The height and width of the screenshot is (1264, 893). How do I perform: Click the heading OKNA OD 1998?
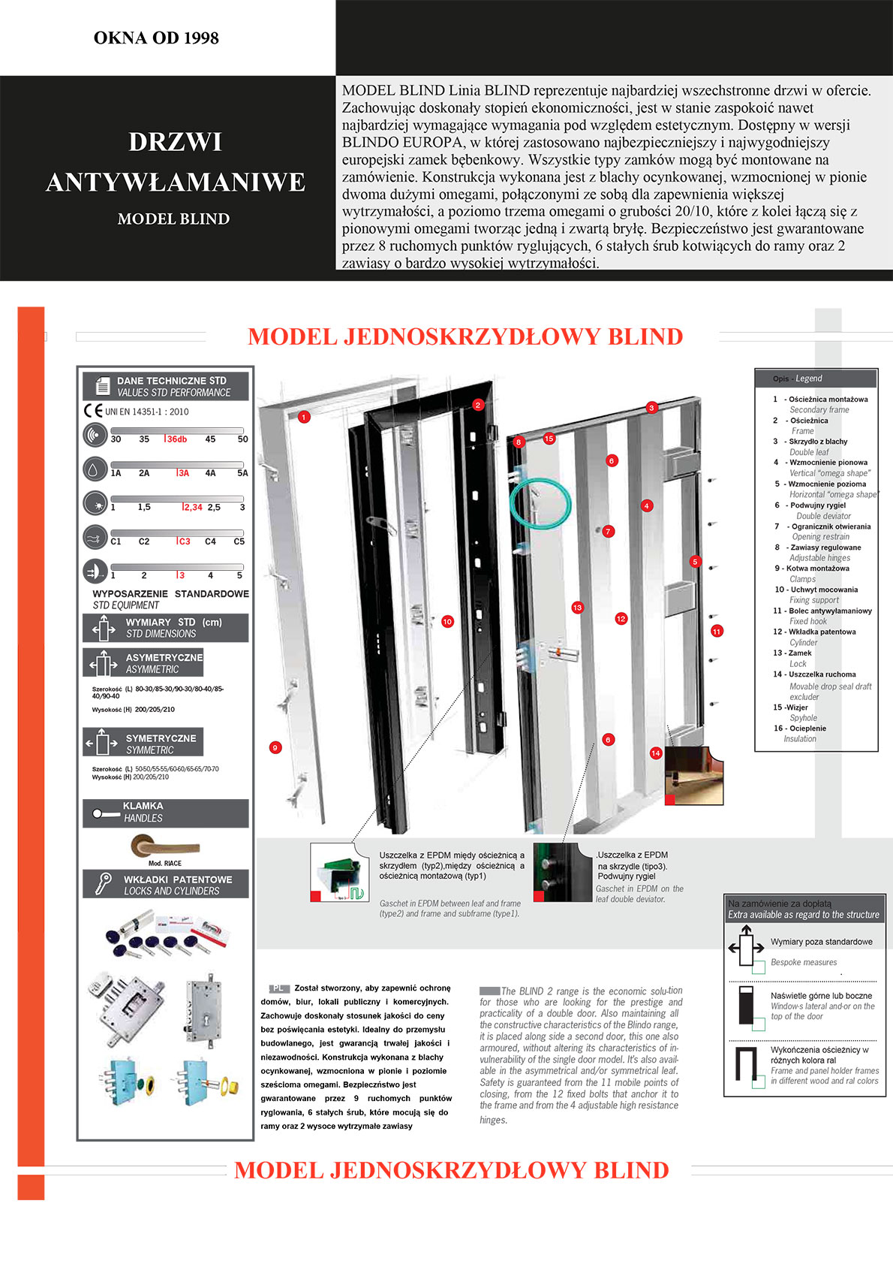point(156,38)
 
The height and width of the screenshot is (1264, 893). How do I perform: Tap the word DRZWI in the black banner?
point(175,142)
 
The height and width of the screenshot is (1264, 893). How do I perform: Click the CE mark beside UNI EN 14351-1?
point(93,411)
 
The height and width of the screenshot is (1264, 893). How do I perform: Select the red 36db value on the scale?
point(176,439)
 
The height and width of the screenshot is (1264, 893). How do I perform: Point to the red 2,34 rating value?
point(193,508)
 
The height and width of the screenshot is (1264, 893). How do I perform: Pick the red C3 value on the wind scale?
point(184,541)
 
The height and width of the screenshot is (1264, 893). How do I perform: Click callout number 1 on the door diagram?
point(304,417)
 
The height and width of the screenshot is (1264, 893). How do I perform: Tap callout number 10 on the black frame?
point(447,621)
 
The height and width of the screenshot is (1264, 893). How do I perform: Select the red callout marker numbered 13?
point(577,608)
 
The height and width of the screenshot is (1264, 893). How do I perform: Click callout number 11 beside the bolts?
point(717,631)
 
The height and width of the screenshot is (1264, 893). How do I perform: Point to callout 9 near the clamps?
point(275,747)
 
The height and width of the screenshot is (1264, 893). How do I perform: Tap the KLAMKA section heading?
point(143,806)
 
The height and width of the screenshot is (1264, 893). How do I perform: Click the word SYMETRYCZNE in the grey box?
point(161,738)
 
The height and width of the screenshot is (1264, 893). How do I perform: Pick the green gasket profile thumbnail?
point(340,872)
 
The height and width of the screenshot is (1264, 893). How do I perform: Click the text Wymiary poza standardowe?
point(821,942)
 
